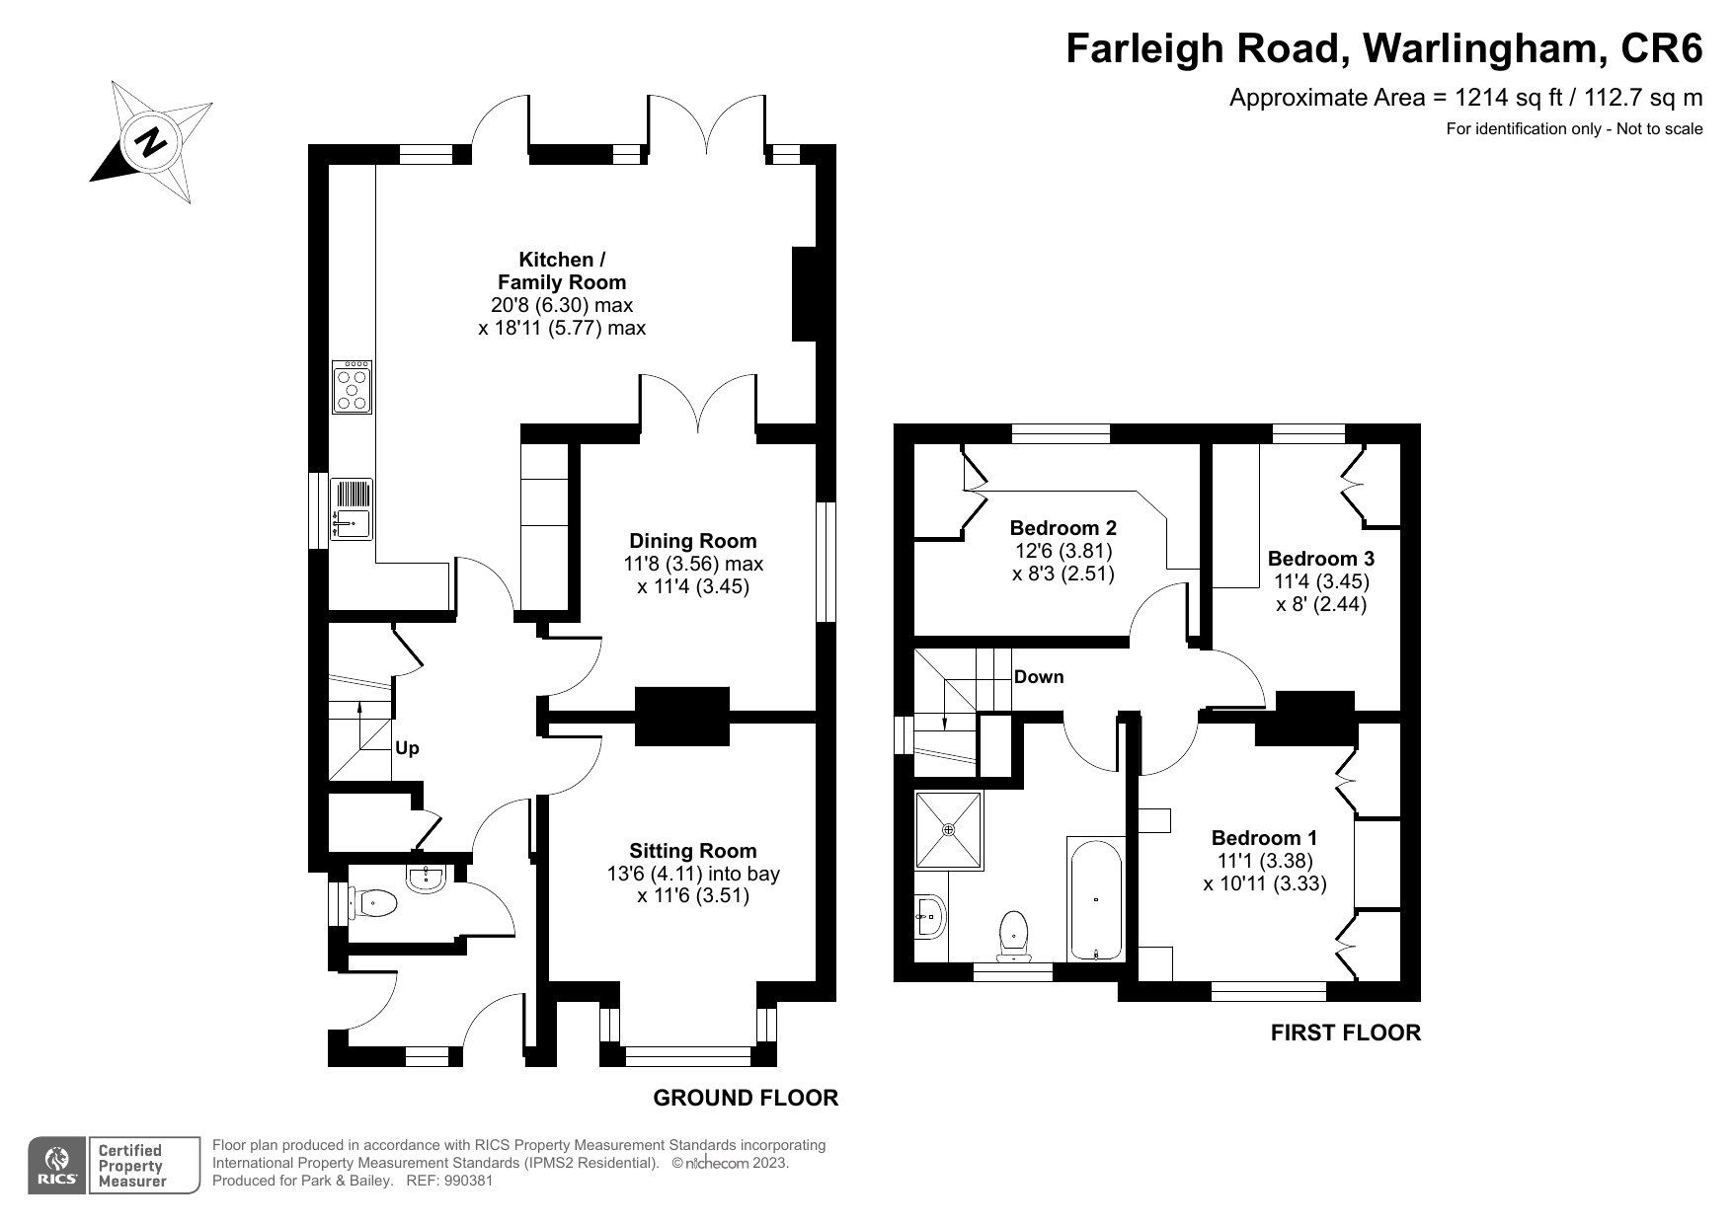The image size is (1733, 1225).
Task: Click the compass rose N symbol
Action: coord(151,142)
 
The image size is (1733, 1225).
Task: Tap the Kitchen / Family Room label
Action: coord(562,270)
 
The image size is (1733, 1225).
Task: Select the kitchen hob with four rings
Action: coord(353,386)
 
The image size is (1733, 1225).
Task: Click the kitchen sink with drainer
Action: coord(352,509)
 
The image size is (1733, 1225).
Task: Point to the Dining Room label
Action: coord(693,541)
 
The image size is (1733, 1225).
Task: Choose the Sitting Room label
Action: coord(693,851)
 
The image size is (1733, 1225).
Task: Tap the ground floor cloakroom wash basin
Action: coord(428,877)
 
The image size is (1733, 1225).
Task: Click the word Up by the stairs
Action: coord(407,748)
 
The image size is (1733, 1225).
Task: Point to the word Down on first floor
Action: coord(1039,677)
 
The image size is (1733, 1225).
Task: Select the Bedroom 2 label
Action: coord(1063,527)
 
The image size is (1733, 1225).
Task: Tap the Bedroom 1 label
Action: coord(1264,838)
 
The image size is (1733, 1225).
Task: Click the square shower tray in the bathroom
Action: coord(949,830)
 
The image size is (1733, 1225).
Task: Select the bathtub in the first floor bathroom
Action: coord(1095,899)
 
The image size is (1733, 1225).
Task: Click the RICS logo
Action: coord(57,1166)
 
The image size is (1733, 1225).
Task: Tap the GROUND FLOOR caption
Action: coord(746,1098)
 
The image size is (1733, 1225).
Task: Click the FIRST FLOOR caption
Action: coord(1345,1033)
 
